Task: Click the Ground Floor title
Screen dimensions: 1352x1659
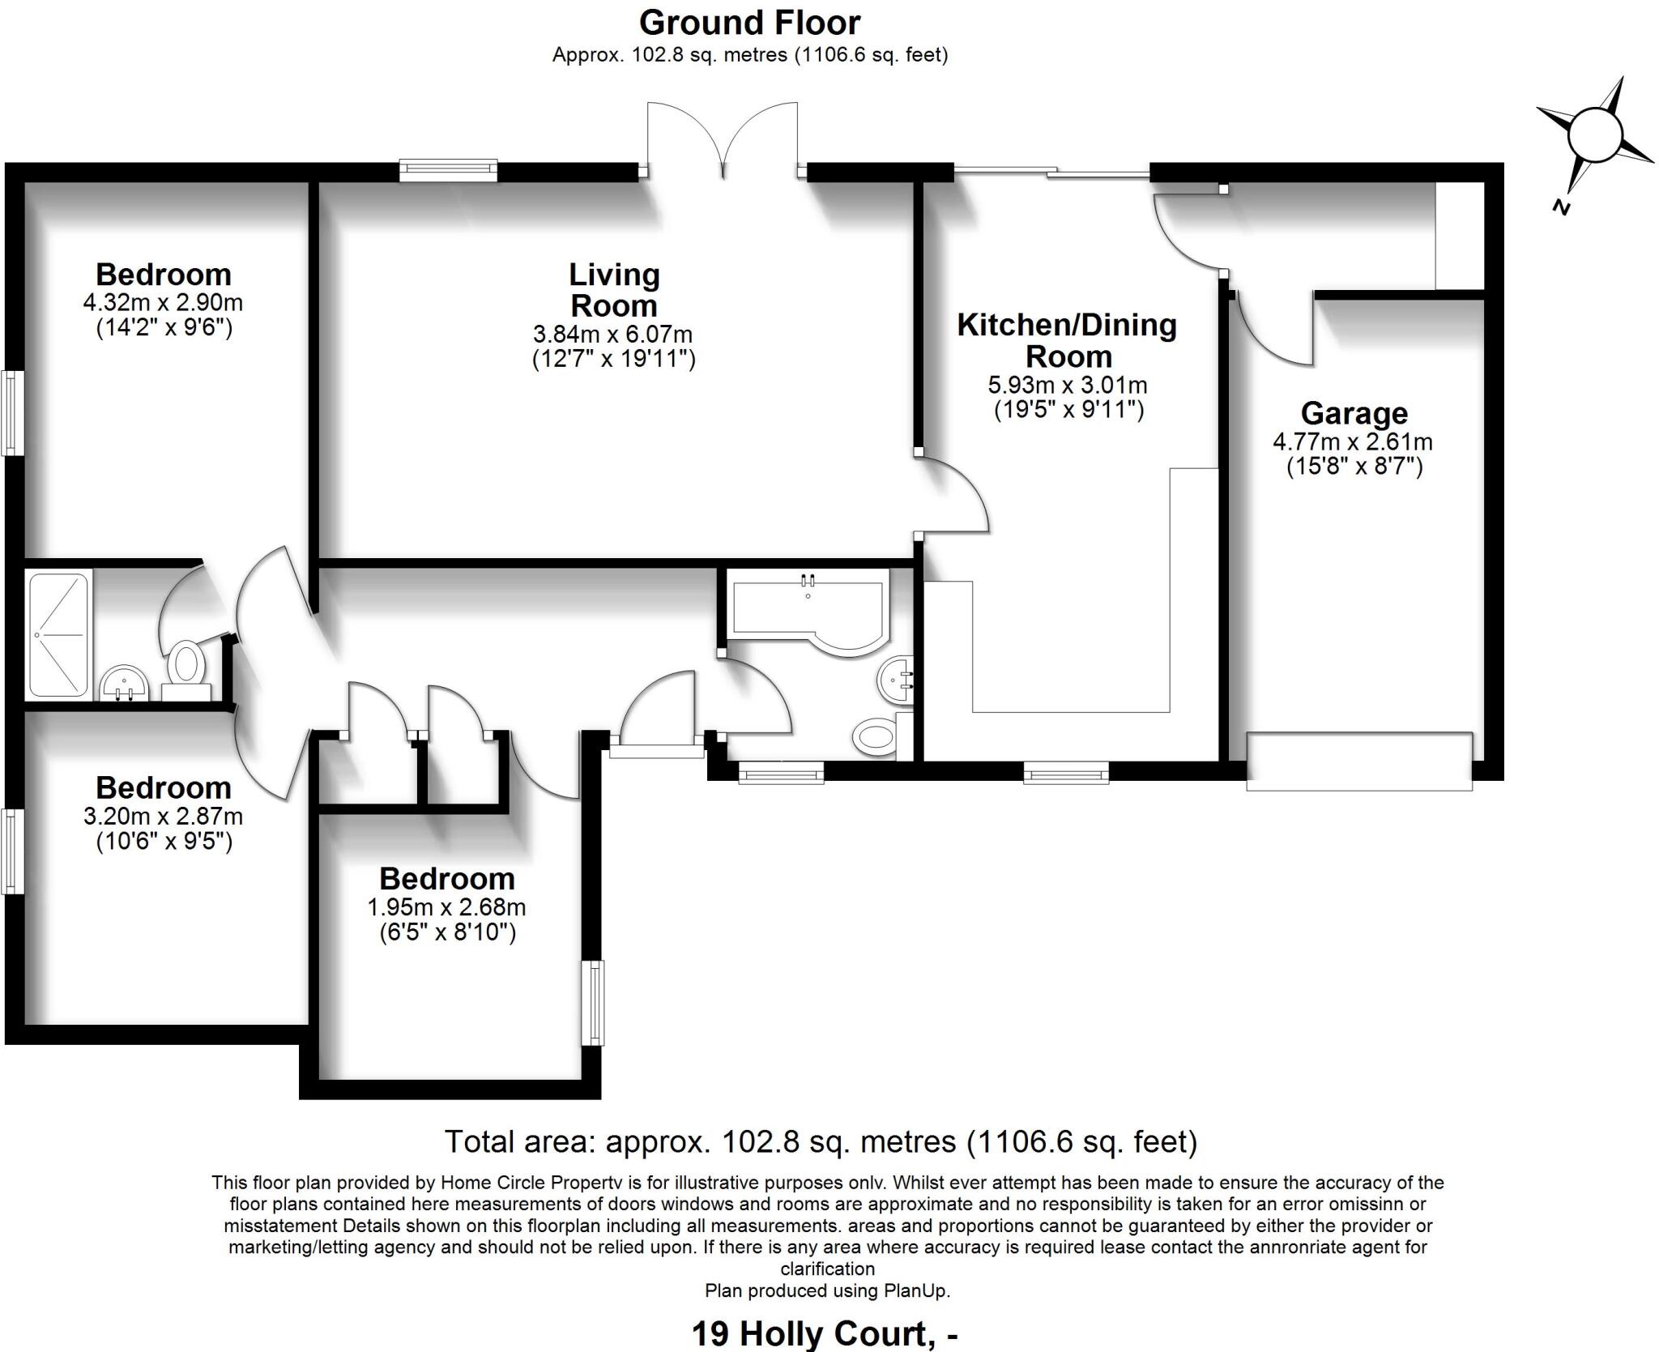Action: [x=749, y=23]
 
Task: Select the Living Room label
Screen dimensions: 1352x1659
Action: [x=613, y=290]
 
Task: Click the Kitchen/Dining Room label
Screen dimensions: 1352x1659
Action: [x=1067, y=340]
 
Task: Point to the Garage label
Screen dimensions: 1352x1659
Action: [x=1354, y=413]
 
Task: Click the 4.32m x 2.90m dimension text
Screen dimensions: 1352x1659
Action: [x=163, y=303]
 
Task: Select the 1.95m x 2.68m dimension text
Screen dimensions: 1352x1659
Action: [x=446, y=906]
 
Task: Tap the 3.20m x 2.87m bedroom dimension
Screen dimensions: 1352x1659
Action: [x=163, y=816]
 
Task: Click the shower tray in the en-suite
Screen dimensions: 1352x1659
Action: [x=58, y=634]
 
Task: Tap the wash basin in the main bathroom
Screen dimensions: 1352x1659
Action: [x=895, y=679]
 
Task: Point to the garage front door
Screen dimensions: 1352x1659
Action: [x=1358, y=761]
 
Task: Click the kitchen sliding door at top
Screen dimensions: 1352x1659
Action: [x=1051, y=171]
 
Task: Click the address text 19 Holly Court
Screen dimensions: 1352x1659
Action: [x=811, y=1333]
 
